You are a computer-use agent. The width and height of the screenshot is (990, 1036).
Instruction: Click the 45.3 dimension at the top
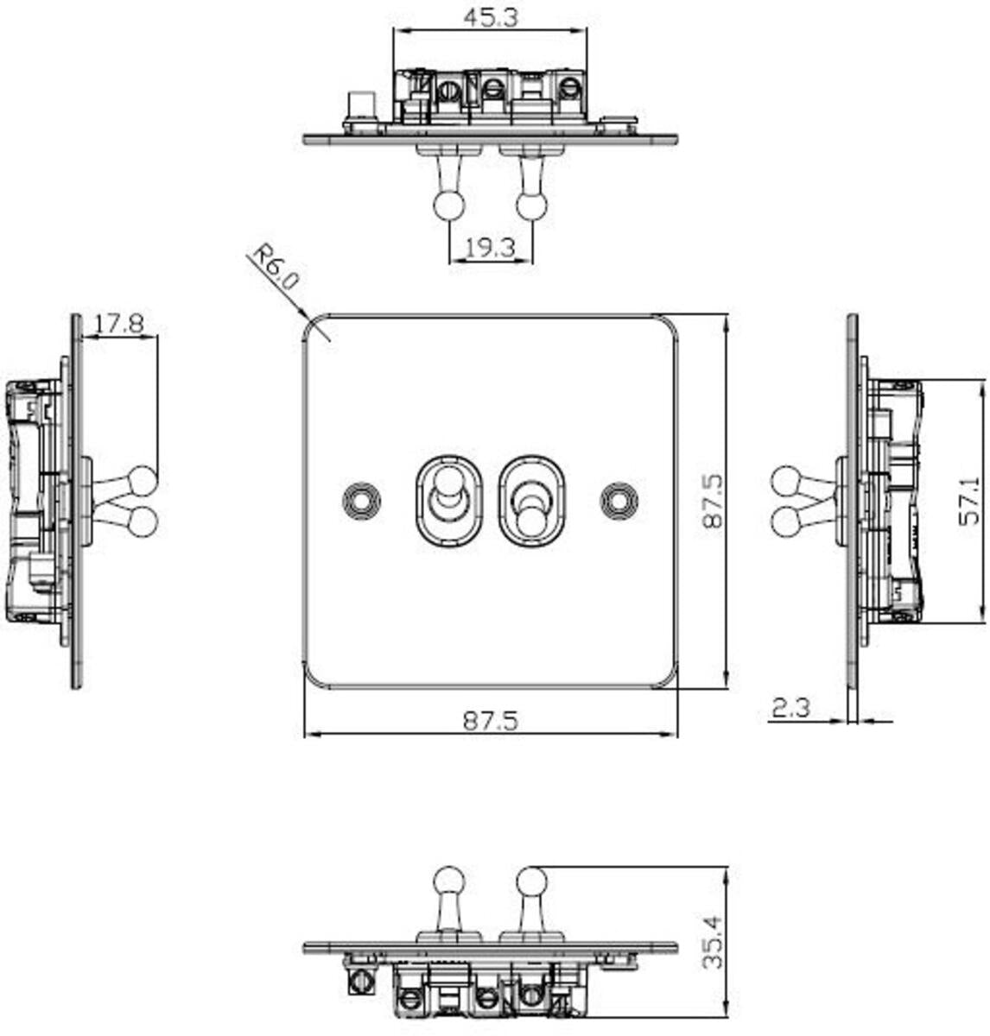(490, 16)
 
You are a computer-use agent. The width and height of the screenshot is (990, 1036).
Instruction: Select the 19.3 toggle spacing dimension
(490, 249)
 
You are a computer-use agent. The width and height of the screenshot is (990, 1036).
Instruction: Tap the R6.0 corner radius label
(275, 268)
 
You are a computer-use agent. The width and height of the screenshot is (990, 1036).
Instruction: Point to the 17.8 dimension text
(118, 324)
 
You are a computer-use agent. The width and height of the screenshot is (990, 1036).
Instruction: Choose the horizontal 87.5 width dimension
(490, 720)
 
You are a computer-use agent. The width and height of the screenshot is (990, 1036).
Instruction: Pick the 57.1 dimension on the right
(970, 501)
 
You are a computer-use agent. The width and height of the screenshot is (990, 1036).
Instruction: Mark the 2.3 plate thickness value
(790, 709)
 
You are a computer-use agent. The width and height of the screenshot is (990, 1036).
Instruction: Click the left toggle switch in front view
(446, 500)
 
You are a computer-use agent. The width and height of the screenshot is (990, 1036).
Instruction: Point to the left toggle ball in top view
(448, 205)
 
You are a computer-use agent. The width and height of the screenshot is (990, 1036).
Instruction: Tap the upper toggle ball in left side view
(143, 481)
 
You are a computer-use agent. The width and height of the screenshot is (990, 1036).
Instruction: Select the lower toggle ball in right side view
(786, 522)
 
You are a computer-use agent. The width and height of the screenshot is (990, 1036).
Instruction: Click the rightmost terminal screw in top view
(568, 87)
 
